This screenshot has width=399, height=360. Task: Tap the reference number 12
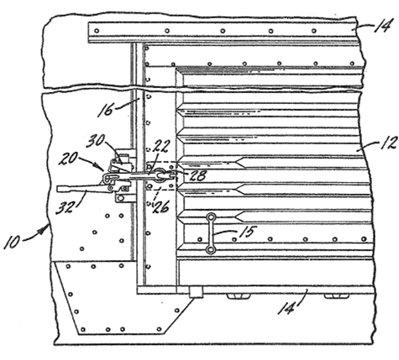coord(389,143)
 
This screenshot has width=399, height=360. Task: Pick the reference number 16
coord(105,109)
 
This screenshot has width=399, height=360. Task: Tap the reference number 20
coord(68,159)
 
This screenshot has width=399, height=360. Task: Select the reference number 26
coord(160,207)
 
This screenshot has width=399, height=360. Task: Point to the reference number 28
coord(197,175)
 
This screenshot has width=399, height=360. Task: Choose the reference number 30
coord(95,141)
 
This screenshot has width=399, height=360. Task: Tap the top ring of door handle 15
coord(211,217)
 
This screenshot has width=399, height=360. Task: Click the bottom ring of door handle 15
coord(210,250)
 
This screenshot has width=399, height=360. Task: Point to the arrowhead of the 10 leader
coord(42,230)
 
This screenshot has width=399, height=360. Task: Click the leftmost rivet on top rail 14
coord(97,31)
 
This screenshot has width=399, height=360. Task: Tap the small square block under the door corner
coord(196,292)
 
